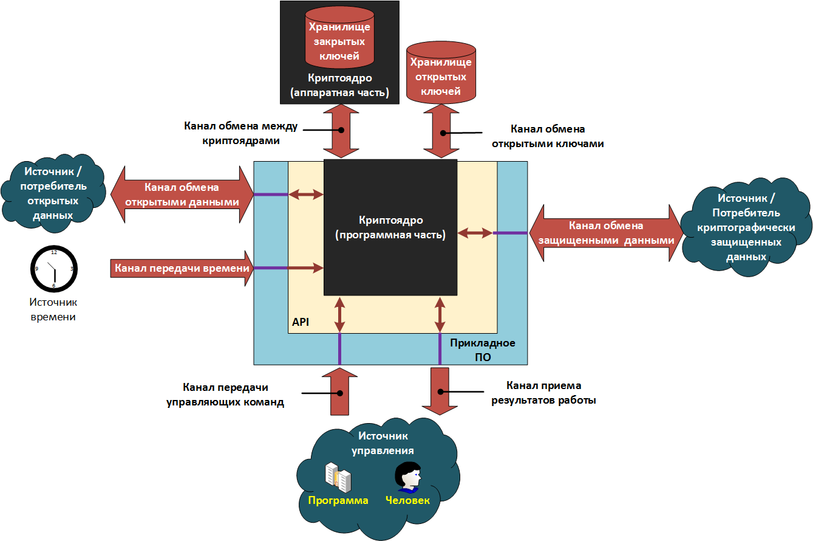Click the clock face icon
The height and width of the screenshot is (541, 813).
(54, 268)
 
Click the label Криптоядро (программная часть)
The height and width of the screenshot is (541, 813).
(390, 227)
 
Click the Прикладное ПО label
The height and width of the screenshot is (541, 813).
(483, 350)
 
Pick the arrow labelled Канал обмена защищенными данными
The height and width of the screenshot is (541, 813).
(606, 233)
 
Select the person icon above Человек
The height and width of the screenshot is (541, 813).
(408, 477)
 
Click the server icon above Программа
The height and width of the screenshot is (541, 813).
(338, 478)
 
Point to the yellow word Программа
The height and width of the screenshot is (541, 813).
(338, 500)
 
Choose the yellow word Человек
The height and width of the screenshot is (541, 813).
(407, 500)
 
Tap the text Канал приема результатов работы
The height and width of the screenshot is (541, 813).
(551, 393)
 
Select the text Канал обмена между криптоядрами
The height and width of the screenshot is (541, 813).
(240, 134)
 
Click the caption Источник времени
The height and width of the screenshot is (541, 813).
(53, 309)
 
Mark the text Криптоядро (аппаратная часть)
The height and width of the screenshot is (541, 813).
(339, 85)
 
